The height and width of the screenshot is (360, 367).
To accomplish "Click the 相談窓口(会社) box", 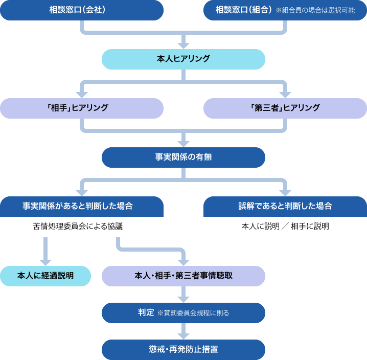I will tap(81, 10).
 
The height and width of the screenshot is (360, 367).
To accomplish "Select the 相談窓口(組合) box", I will tap(243, 10).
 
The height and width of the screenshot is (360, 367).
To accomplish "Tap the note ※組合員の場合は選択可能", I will tap(315, 10).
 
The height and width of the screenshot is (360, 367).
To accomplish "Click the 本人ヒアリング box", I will tap(183, 59).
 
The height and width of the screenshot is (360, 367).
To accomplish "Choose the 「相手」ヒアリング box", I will tap(81, 108).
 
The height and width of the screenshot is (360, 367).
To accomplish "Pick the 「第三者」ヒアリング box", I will tap(285, 108).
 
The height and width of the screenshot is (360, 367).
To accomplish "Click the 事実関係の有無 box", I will tap(183, 157).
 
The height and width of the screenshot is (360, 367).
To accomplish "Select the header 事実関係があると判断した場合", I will tap(81, 206).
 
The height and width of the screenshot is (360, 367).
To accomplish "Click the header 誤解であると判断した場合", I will tap(285, 206).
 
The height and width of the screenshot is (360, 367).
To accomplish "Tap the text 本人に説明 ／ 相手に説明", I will tap(285, 227).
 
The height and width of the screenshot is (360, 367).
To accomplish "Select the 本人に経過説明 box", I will tap(45, 276).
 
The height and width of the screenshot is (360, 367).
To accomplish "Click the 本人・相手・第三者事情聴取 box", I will tap(183, 276).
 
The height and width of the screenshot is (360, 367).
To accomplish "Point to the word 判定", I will tap(146, 312).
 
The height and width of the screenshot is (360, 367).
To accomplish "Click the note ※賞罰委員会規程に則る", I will tap(197, 313).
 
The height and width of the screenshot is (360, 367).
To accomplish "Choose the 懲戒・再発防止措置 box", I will tap(183, 350).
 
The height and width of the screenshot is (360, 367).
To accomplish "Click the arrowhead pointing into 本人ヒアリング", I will tap(184, 45).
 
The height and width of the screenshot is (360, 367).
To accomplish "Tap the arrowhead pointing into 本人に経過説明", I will tap(45, 261).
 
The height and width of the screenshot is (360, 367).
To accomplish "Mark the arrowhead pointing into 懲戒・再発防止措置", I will tap(184, 335).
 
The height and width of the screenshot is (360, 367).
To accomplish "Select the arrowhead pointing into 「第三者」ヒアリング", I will tap(285, 94).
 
